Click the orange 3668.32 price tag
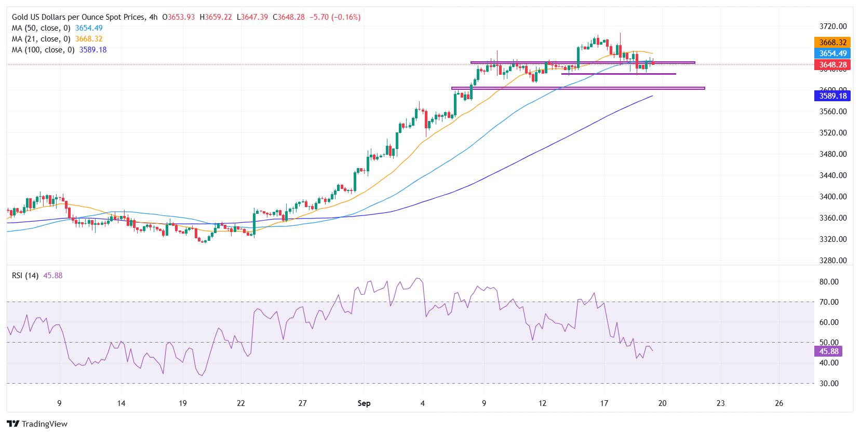point(830,43)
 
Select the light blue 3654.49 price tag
point(830,53)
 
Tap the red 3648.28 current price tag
point(830,65)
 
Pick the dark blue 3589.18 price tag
point(830,96)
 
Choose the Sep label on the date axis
point(364,403)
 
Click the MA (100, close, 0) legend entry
point(43,50)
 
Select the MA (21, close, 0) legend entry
point(41,39)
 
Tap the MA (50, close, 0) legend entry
point(41,28)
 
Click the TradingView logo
point(37,424)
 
